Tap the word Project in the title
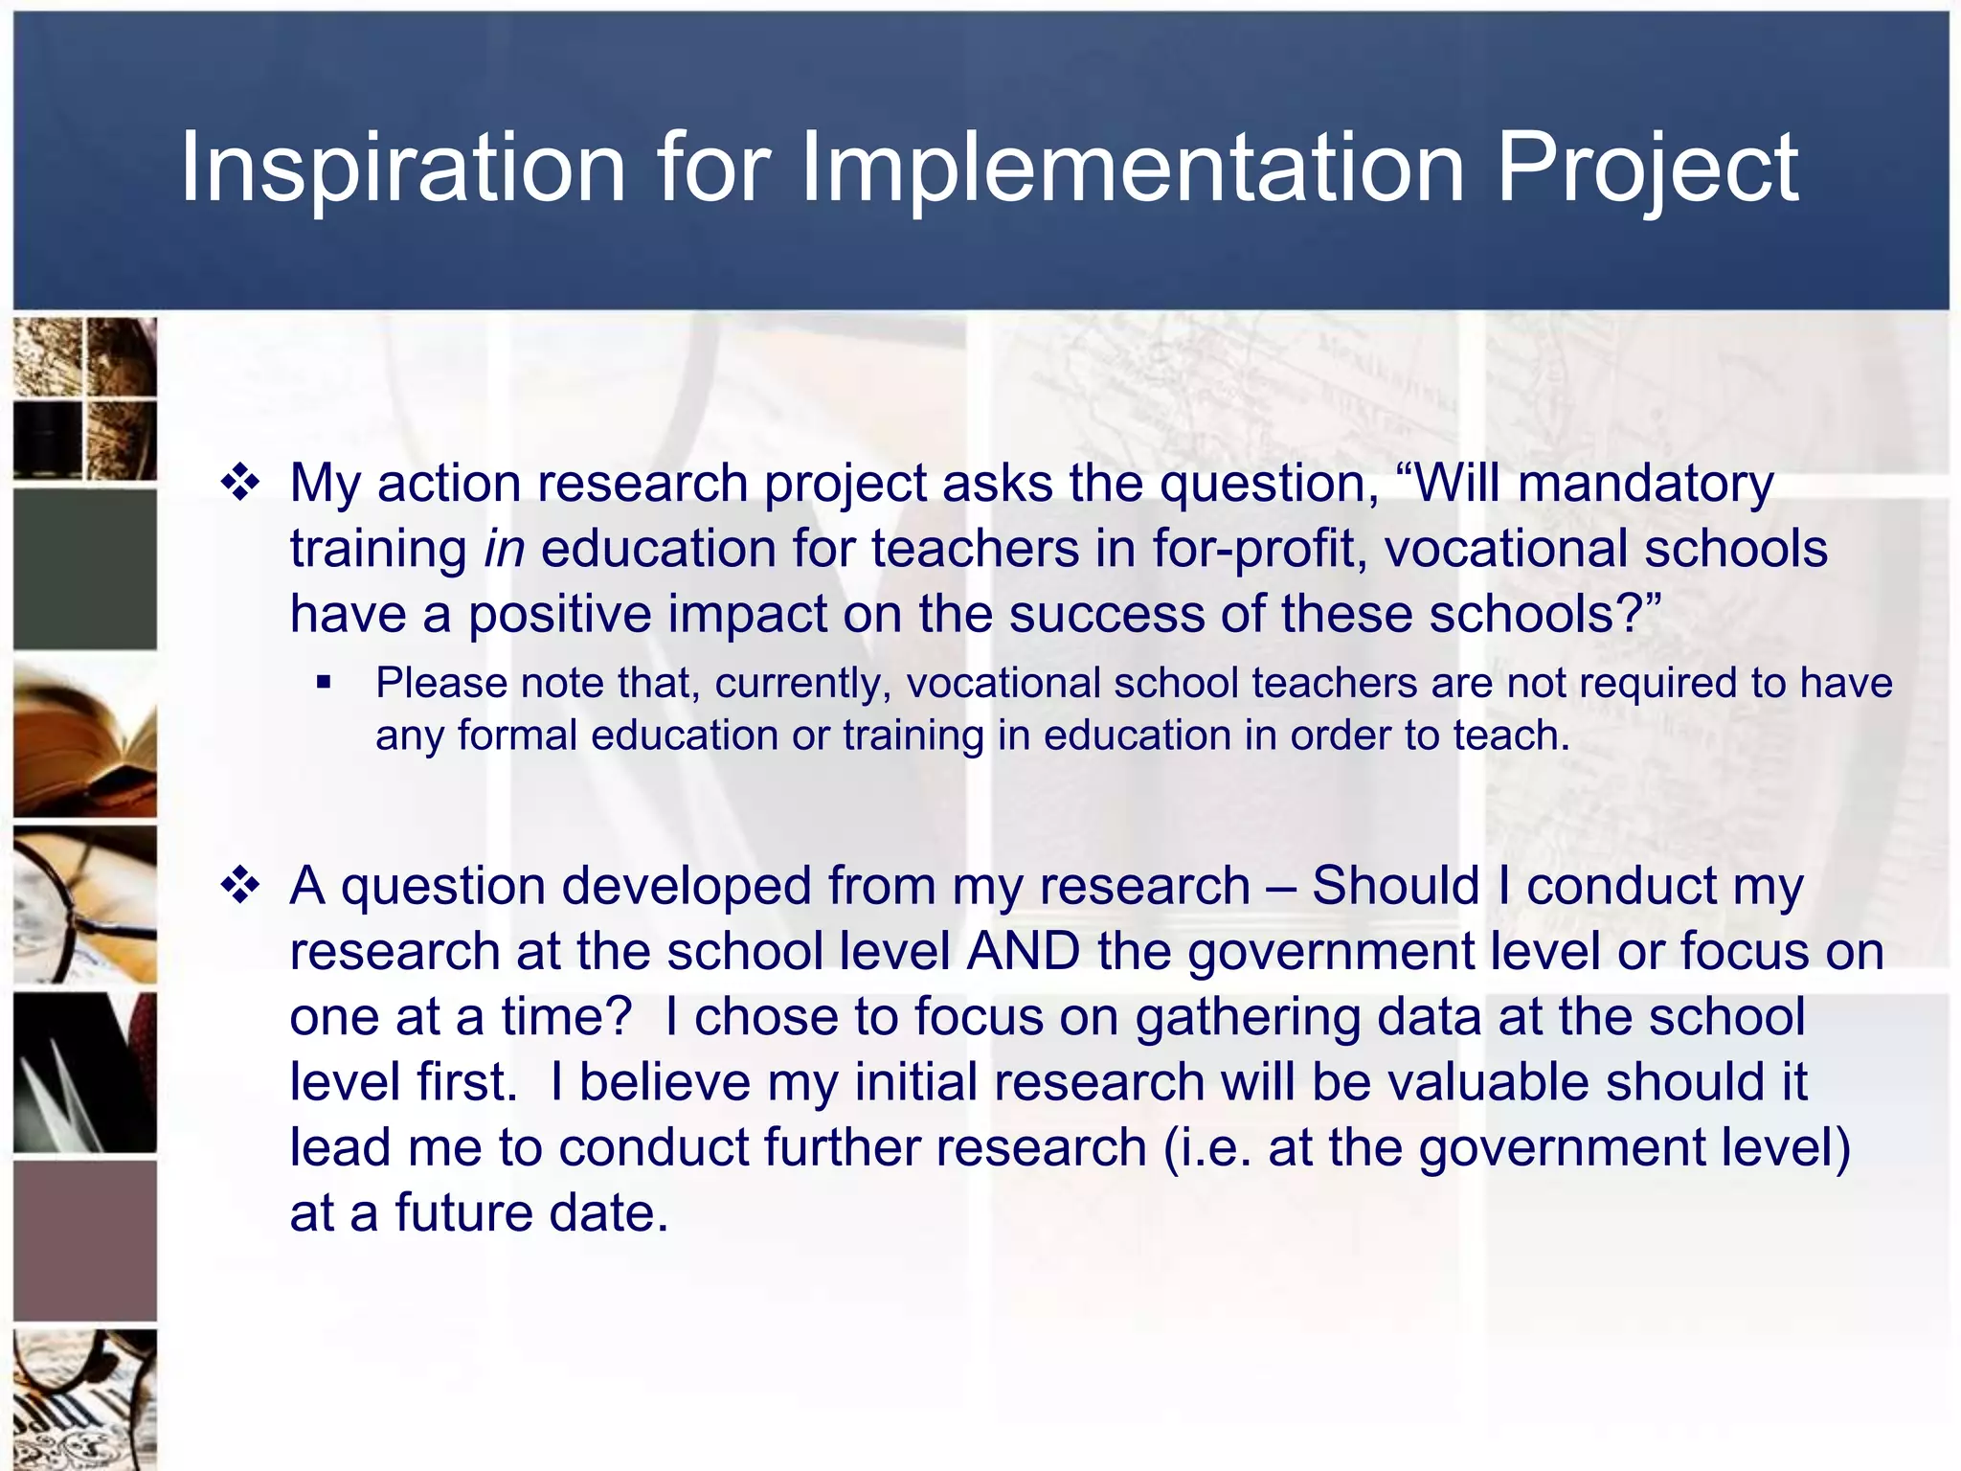1647,170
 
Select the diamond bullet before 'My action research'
240,483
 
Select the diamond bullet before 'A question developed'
240,886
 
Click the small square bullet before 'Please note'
324,684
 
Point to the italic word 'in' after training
504,549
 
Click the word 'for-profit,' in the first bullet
1258,549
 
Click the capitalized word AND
1023,952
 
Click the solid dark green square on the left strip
85,570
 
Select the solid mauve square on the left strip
85,1241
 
